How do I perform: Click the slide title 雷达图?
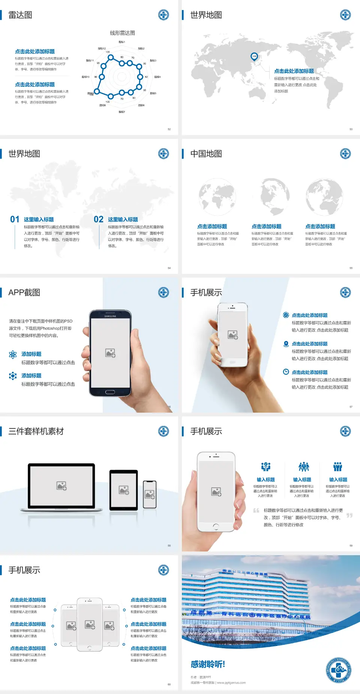[x=20, y=15]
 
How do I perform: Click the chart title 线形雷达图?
[x=122, y=33]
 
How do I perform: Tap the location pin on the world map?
[x=254, y=57]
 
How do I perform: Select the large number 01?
[x=15, y=219]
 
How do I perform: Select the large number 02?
[x=99, y=219]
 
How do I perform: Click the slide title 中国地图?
[x=206, y=154]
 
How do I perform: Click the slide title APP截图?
[x=24, y=293]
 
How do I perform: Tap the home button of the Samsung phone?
[x=110, y=392]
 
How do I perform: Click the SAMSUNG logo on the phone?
[x=110, y=316]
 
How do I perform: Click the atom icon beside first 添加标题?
[x=13, y=355]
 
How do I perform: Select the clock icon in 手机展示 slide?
[x=286, y=372]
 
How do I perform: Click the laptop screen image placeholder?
[x=61, y=486]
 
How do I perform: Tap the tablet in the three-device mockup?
[x=124, y=490]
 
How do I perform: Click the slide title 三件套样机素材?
[x=36, y=431]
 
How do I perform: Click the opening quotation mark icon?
[x=256, y=511]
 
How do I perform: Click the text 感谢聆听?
[x=208, y=664]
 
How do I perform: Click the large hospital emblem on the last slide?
[x=339, y=670]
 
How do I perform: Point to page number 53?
[x=351, y=129]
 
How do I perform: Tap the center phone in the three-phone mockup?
[x=90, y=624]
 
